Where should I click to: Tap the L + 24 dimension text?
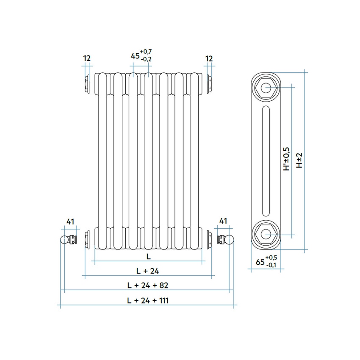pyautogui.click(x=147, y=271)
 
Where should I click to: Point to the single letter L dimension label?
pyautogui.click(x=148, y=257)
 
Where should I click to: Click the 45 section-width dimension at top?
pyautogui.click(x=135, y=56)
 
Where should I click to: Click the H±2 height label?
pyautogui.click(x=299, y=161)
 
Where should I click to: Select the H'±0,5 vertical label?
pyautogui.click(x=286, y=159)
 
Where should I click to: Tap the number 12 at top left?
pyautogui.click(x=87, y=58)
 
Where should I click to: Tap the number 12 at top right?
pyautogui.click(x=209, y=58)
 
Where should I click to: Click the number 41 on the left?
pyautogui.click(x=71, y=221)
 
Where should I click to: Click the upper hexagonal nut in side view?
pyautogui.click(x=266, y=88)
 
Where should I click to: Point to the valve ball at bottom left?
pyautogui.click(x=64, y=240)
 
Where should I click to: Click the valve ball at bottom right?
pyautogui.click(x=230, y=240)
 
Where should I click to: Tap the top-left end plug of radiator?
pyautogui.click(x=87, y=83)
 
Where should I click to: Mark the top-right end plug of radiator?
pyautogui.click(x=209, y=83)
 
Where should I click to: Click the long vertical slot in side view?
pyautogui.click(x=266, y=161)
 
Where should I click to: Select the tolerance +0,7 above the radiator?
pyautogui.click(x=146, y=52)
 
